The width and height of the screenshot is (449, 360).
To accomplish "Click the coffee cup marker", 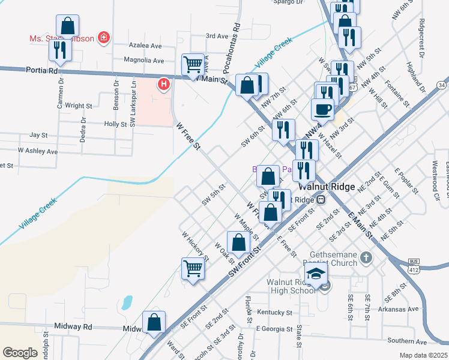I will coord(322,109).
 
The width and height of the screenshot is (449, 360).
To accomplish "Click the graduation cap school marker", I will coord(316,275).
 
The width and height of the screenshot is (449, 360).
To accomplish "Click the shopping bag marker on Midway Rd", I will coord(154,322).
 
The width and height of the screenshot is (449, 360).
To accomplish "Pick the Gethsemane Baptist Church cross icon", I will coord(366,259).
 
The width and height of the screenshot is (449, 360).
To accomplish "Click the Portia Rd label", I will coord(41,70).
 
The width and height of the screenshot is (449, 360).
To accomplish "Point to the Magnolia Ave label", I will coord(143,60).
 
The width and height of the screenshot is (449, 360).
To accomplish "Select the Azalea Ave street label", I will coord(146,46).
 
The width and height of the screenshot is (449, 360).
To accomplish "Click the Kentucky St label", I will coord(274,313).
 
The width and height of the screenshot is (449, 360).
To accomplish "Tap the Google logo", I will coord(20,352).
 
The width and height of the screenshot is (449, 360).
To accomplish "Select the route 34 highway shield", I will coord(442,85).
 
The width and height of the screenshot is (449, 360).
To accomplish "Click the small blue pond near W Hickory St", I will coord(127,302).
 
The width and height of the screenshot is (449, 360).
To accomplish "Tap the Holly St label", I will coord(116,124).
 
